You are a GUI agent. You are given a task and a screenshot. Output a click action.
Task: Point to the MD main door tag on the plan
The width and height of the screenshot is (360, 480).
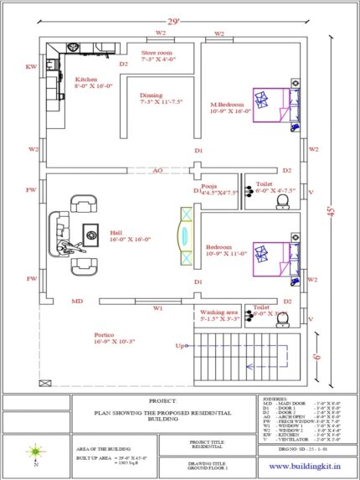pyautogui.click(x=76, y=301)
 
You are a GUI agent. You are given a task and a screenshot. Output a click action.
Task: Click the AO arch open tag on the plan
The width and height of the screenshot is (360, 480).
pyautogui.click(x=157, y=170)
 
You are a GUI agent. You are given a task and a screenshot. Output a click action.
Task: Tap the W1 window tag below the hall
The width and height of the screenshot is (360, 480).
pyautogui.click(x=157, y=307)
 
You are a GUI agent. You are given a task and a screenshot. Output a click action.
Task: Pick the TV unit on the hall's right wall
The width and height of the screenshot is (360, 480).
pyautogui.click(x=184, y=227)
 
